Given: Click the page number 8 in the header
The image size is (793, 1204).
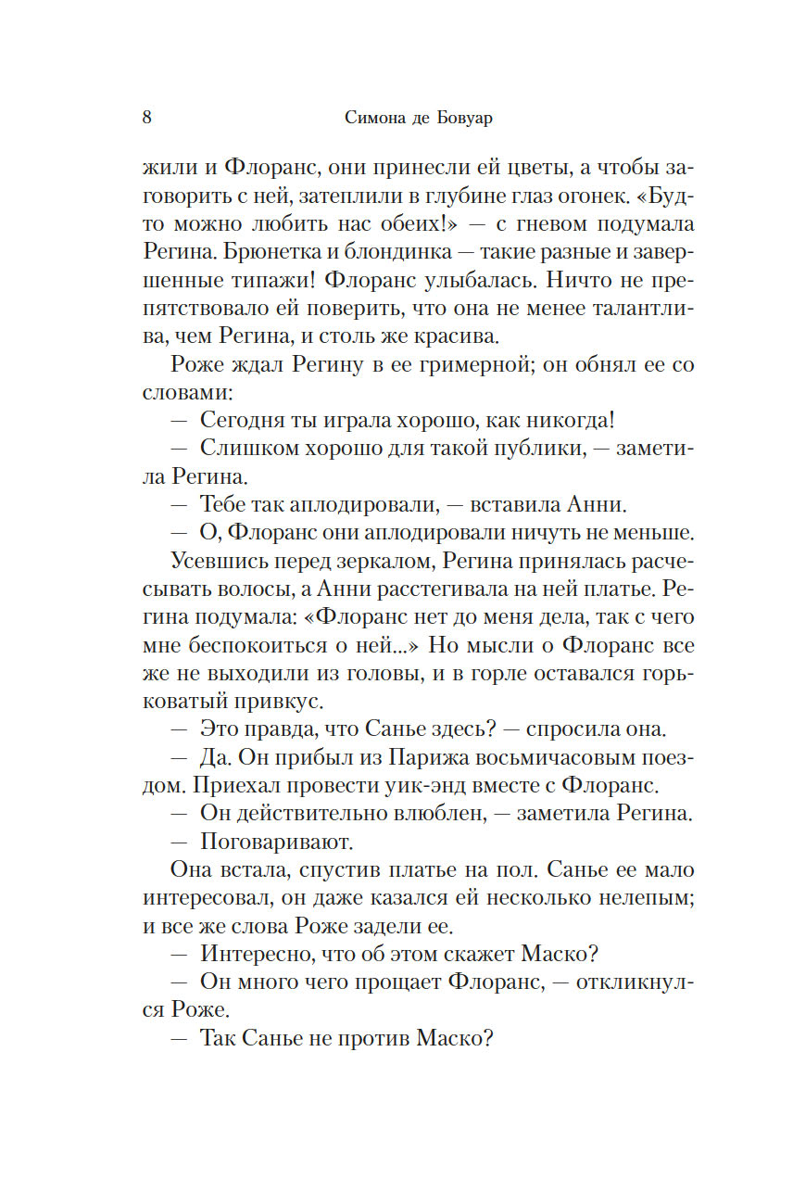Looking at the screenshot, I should coord(147,118).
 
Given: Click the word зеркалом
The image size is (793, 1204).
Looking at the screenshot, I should coord(380,561).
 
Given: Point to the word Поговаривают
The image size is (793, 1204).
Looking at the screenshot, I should coord(278,843).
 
